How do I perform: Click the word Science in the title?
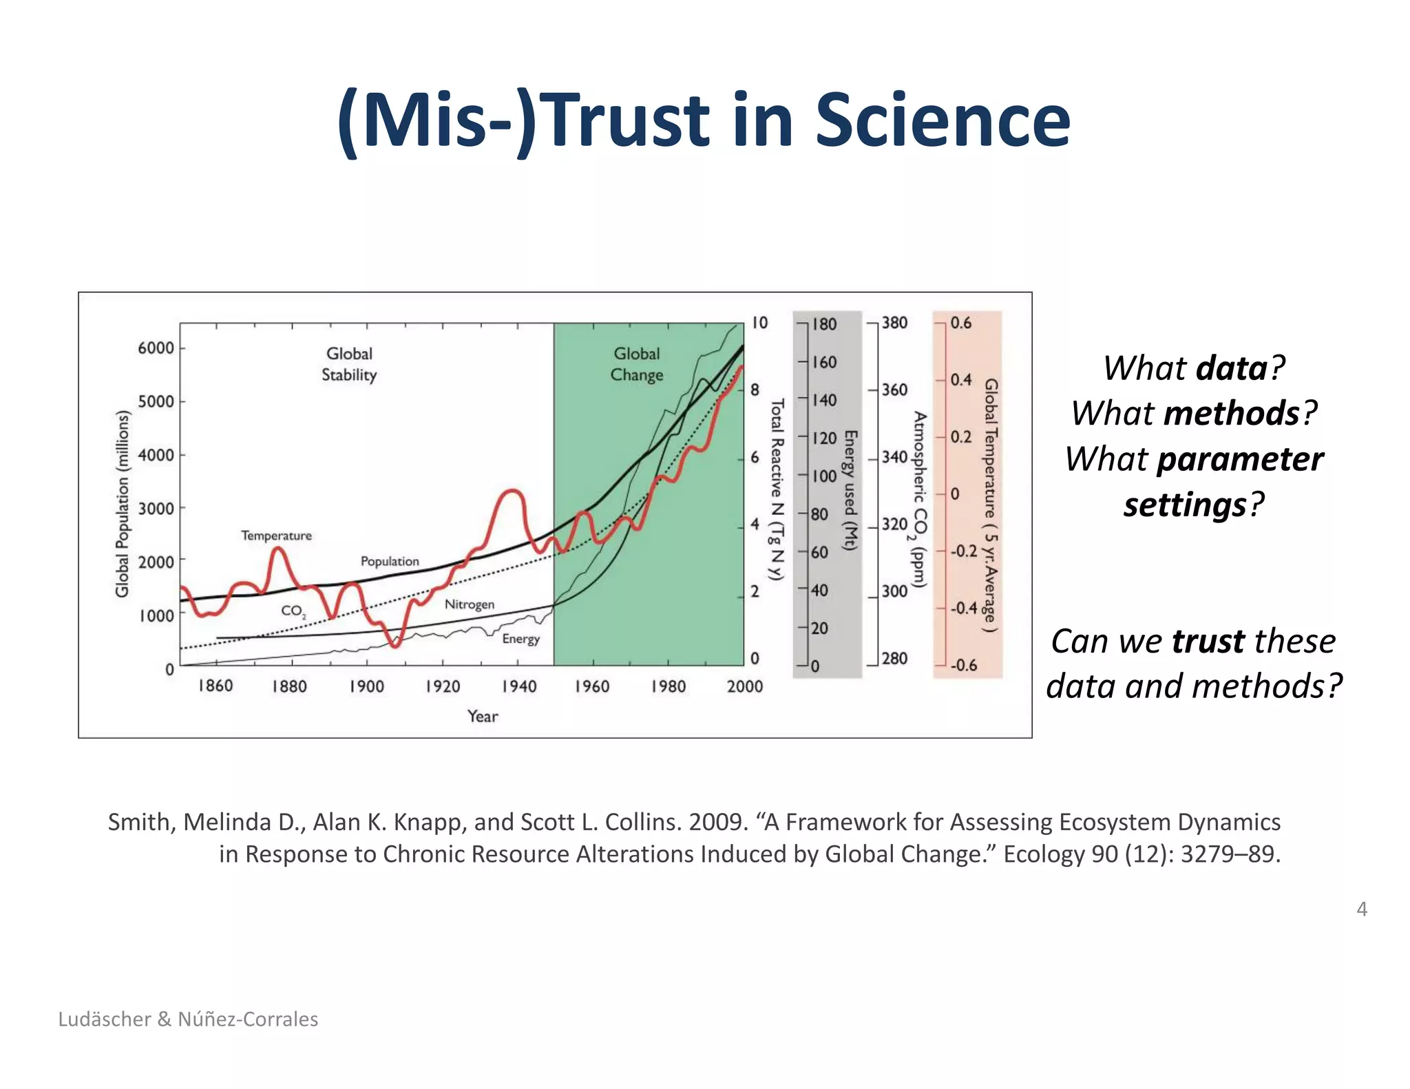(x=943, y=122)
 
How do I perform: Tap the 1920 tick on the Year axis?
(x=442, y=686)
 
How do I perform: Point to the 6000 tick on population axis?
(x=156, y=348)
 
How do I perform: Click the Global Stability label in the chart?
(x=349, y=364)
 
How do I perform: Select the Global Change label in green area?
(x=637, y=364)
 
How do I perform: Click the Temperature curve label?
(x=276, y=536)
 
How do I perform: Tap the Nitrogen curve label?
(x=470, y=604)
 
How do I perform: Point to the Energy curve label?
(x=520, y=639)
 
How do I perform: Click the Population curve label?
(x=390, y=561)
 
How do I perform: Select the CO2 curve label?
(x=293, y=611)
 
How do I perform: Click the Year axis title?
(x=483, y=717)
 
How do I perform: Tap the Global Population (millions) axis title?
(x=123, y=504)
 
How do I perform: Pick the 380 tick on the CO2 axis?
(x=894, y=323)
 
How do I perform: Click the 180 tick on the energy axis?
(x=824, y=324)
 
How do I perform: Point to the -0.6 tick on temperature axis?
(x=964, y=665)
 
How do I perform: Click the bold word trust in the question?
(x=1208, y=641)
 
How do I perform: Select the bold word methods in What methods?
(x=1232, y=413)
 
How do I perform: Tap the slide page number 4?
(x=1361, y=909)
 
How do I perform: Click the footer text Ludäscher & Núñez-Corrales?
(x=188, y=1019)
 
